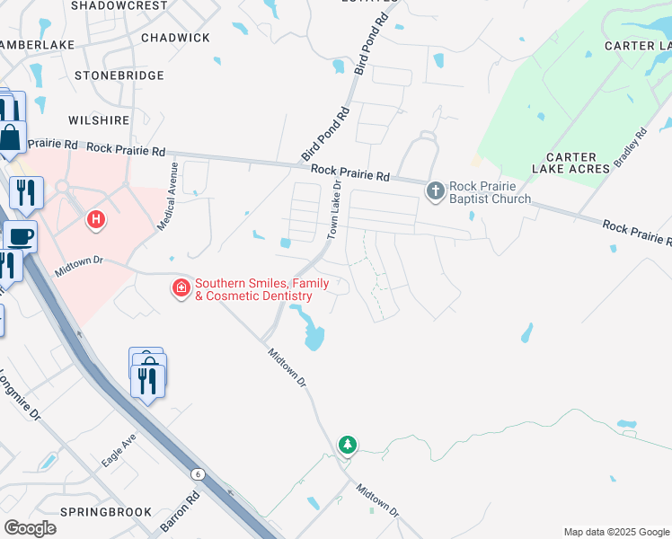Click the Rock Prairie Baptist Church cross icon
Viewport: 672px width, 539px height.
click(x=436, y=190)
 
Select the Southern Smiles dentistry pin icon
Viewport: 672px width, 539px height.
click(x=181, y=288)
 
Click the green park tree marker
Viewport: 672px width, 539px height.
click(x=347, y=445)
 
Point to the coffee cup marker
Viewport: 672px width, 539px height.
click(x=20, y=237)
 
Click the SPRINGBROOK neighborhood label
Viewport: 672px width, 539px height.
click(x=106, y=512)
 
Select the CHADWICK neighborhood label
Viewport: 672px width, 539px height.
click(x=176, y=38)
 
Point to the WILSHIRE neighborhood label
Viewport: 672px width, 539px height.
click(x=98, y=119)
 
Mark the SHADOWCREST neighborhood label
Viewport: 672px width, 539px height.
click(x=119, y=5)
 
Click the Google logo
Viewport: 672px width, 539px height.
click(x=30, y=528)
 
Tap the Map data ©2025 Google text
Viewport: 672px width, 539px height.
click(x=615, y=532)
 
